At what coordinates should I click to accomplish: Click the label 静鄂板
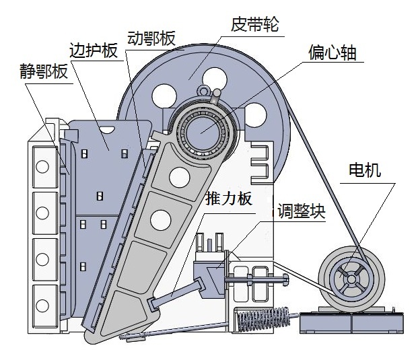[43, 72]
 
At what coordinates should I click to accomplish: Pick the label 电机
[364, 170]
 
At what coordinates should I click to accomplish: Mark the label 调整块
[301, 212]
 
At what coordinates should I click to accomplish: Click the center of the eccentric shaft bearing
[202, 129]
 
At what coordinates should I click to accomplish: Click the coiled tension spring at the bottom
[263, 318]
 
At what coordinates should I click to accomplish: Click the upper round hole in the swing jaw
[179, 176]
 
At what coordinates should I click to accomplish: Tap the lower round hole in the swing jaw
[160, 219]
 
